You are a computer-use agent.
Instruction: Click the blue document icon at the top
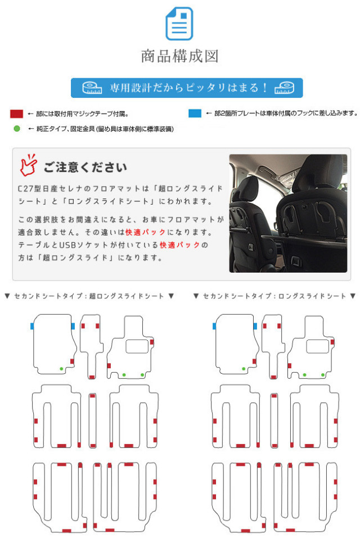[179, 23]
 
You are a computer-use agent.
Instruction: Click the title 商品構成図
[179, 56]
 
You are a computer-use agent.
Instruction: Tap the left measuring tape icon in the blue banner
[92, 88]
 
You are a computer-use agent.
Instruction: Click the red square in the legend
[16, 114]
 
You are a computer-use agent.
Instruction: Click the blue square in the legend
[195, 114]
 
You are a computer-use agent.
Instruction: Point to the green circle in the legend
[16, 129]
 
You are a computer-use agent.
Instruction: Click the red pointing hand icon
[28, 164]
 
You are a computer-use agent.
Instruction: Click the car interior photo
[287, 214]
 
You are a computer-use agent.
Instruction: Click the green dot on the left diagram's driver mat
[61, 368]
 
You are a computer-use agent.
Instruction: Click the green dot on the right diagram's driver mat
[243, 369]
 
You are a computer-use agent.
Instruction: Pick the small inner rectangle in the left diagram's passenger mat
[136, 346]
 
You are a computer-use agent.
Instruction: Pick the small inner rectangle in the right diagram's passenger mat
[317, 346]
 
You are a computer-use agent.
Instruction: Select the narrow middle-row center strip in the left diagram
[93, 420]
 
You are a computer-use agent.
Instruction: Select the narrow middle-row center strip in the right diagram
[274, 420]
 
